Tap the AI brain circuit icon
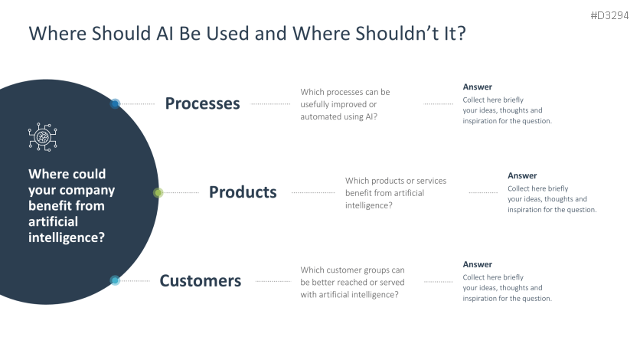pos(43,136)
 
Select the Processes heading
pos(202,103)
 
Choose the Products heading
pos(243,192)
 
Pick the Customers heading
pos(200,281)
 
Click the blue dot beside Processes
pos(115,103)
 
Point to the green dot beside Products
pos(158,192)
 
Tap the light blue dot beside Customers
pos(115,280)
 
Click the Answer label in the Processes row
pos(477,87)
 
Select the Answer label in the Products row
pos(522,176)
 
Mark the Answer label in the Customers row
pos(477,264)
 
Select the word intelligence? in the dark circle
pos(67,237)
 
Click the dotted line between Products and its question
pos(312,193)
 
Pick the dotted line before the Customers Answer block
pos(438,281)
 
